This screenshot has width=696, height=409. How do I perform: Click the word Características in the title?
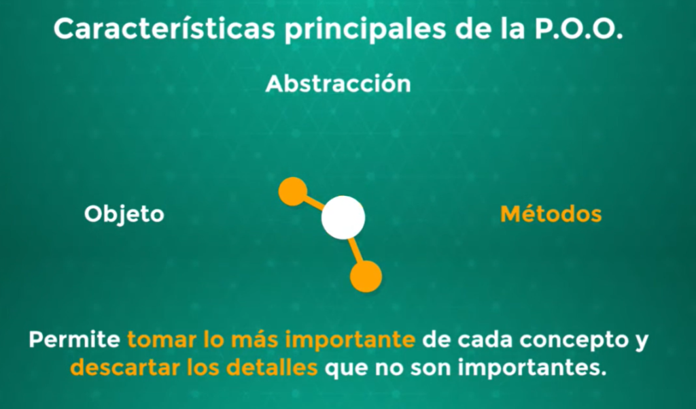point(164,29)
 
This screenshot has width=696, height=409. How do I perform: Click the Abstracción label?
point(338,84)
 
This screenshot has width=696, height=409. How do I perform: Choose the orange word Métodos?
point(551,214)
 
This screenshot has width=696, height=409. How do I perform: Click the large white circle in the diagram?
point(343,217)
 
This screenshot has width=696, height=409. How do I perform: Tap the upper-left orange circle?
point(292,192)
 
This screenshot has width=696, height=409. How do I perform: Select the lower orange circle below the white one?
point(366,276)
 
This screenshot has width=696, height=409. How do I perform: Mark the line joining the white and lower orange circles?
point(356,250)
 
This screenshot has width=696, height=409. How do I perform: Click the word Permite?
point(75,340)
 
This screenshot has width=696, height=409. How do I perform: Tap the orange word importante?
point(350,340)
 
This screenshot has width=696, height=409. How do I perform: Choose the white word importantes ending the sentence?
point(532,368)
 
